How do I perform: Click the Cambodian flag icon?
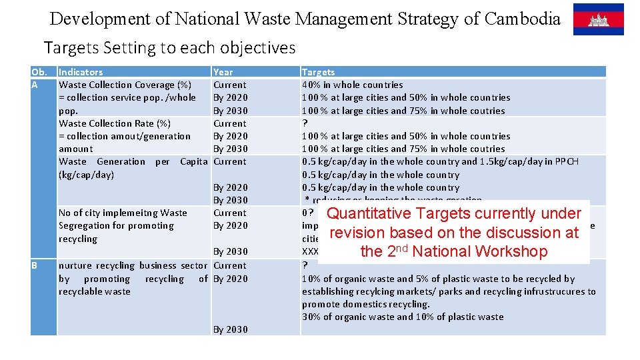point(598,19)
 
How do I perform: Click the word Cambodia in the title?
point(523,19)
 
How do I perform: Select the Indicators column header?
point(81,72)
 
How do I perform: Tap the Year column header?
point(223,72)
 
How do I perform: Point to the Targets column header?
point(319,72)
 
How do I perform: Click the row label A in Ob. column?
point(35,85)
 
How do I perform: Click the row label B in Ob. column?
point(35,265)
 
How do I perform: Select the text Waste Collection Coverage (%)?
point(125,85)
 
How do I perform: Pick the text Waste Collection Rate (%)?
point(115,123)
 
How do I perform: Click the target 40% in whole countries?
point(352,85)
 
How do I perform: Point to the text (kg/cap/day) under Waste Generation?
point(86,175)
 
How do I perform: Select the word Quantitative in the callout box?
point(369,214)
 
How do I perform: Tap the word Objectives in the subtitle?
point(261,48)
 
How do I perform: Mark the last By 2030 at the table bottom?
point(230,329)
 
